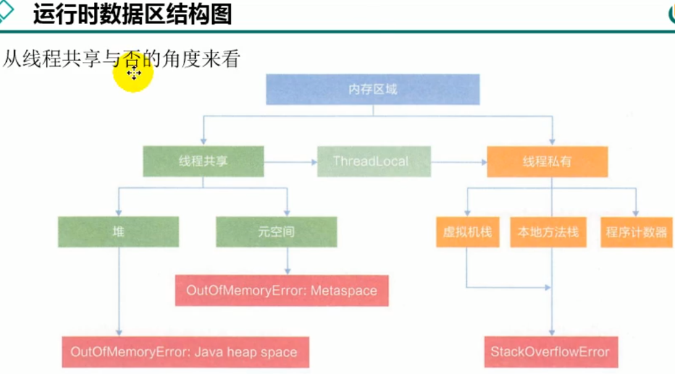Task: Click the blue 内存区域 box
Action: pyautogui.click(x=372, y=90)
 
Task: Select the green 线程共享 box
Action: pyautogui.click(x=203, y=161)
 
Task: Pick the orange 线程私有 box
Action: pyautogui.click(x=547, y=161)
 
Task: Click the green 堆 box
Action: pyautogui.click(x=118, y=232)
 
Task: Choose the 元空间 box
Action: pyautogui.click(x=276, y=232)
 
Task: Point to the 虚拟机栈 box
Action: pyautogui.click(x=467, y=232)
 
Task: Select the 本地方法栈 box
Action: pyautogui.click(x=548, y=232)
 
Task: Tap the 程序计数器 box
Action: pyautogui.click(x=636, y=232)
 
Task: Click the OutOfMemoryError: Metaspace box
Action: pyautogui.click(x=282, y=291)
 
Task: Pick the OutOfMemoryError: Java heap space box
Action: pyautogui.click(x=185, y=352)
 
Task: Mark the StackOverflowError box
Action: pyautogui.click(x=550, y=352)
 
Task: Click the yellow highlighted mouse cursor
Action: pyautogui.click(x=133, y=74)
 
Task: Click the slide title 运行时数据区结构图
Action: pyautogui.click(x=132, y=14)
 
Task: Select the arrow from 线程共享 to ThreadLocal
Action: pyautogui.click(x=290, y=162)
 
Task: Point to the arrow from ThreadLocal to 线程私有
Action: pyautogui.click(x=459, y=162)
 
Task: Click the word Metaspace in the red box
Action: pyautogui.click(x=344, y=291)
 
